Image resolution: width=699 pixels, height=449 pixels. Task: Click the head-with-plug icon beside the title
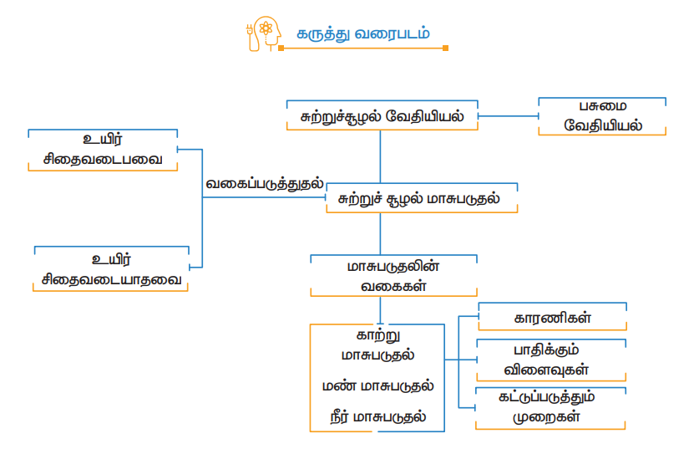tap(261, 33)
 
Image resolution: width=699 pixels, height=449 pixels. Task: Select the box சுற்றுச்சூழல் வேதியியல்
tap(382, 116)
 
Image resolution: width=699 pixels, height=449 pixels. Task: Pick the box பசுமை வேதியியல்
tap(602, 116)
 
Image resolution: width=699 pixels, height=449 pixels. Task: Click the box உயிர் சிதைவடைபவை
tap(104, 150)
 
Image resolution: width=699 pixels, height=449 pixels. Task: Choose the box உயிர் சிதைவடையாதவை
tap(110, 268)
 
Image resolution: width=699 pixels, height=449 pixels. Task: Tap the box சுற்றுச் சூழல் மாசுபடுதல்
tap(421, 199)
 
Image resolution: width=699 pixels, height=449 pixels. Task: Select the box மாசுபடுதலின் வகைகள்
tap(393, 276)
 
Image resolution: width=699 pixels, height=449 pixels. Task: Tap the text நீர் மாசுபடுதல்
tap(377, 416)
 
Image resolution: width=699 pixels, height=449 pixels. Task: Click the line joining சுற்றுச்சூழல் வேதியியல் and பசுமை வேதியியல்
tap(508, 116)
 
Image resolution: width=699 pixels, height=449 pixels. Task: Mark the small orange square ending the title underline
tap(445, 48)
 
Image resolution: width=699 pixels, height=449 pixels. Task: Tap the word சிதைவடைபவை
tap(104, 158)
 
